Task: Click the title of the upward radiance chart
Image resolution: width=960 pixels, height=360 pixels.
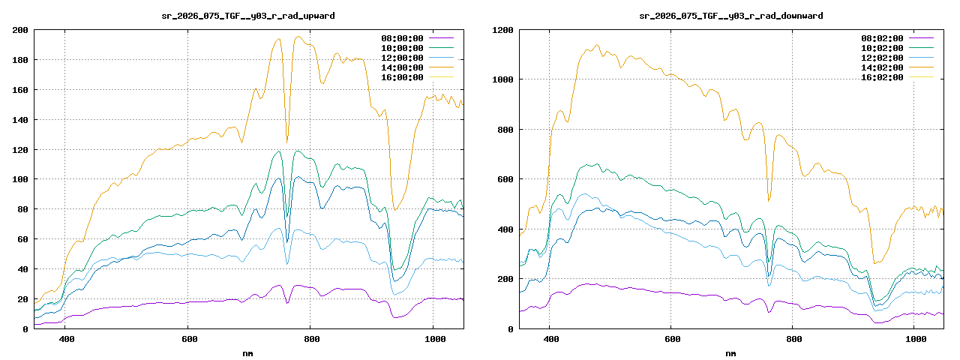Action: coord(248,16)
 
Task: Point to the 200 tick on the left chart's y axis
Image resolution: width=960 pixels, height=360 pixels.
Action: coord(20,30)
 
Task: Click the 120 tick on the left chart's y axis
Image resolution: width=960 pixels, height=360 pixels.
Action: coord(20,149)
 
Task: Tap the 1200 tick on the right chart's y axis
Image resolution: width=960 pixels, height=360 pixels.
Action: coord(502,30)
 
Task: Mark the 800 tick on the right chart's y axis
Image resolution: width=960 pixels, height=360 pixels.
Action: coord(505,130)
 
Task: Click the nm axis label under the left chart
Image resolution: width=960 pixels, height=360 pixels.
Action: coord(248,352)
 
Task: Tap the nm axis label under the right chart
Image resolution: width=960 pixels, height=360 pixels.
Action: coord(730,352)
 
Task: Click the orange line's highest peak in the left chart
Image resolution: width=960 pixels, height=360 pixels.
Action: coord(298,37)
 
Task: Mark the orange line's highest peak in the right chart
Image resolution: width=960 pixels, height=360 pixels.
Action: coord(597,45)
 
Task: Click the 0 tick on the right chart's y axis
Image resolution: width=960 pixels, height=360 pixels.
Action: coord(511,328)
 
